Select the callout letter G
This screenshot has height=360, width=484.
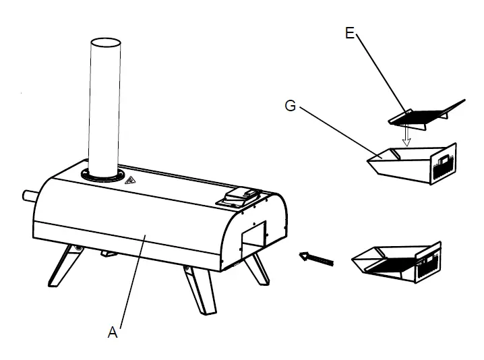pyautogui.click(x=290, y=107)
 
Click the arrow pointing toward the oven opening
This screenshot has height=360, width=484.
pyautogui.click(x=317, y=258)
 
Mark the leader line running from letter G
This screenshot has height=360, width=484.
pyautogui.click(x=337, y=131)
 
